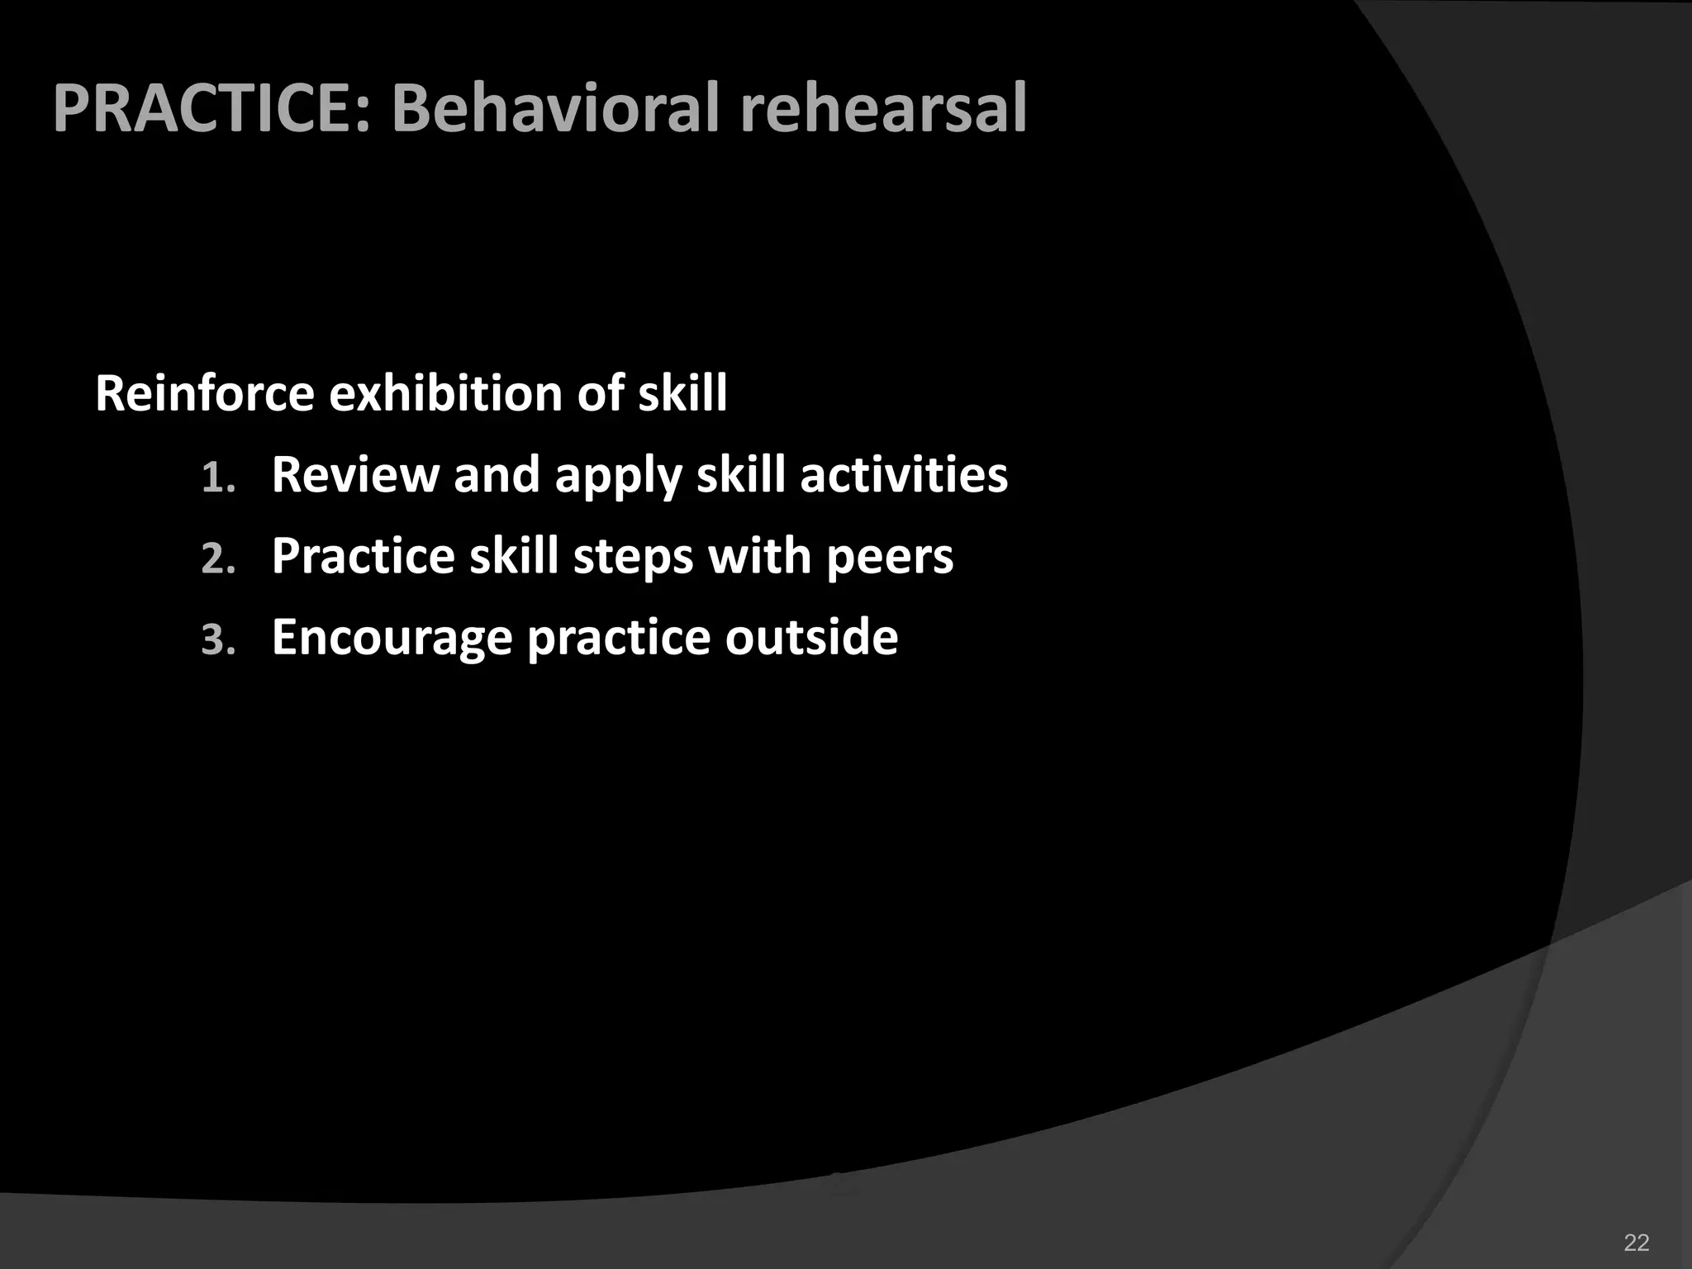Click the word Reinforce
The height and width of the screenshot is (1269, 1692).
(x=204, y=392)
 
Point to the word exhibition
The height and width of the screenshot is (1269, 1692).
(x=446, y=392)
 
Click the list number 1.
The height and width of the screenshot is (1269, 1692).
(x=217, y=478)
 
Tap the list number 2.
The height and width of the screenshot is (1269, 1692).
(x=217, y=559)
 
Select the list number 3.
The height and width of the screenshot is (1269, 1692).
(x=217, y=640)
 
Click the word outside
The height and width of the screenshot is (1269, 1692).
(x=811, y=637)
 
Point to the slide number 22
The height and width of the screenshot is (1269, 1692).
(x=1637, y=1243)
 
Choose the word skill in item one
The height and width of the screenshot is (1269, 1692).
(x=740, y=474)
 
